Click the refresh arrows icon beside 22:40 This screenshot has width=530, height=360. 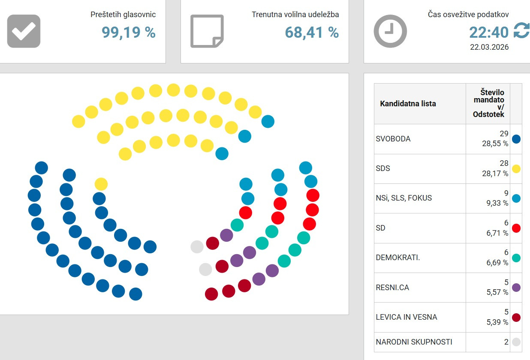521,31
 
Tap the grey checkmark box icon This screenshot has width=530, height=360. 24,31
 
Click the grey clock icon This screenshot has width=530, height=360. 390,31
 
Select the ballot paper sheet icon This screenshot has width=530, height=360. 207,31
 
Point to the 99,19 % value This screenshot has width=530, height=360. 129,32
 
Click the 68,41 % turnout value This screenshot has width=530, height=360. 312,32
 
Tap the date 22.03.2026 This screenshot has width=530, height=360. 489,47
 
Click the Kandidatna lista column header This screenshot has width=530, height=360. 408,104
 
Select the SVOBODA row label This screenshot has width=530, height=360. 393,139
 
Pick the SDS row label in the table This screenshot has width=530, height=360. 383,168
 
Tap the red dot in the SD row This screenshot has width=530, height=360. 516,228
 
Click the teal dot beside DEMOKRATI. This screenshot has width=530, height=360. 516,258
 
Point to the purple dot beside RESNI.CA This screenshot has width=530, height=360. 516,288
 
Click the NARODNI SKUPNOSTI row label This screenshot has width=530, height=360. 414,342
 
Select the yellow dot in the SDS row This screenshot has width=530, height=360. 516,168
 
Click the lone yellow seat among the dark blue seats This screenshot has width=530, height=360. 101,184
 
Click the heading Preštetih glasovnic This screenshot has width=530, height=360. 123,15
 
